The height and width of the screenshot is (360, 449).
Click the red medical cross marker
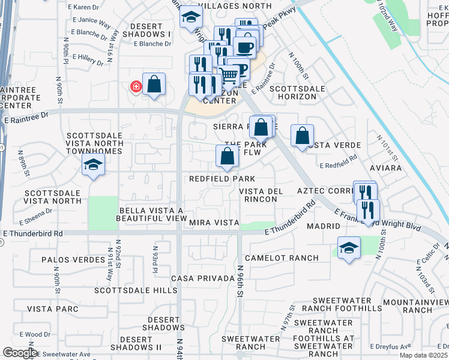136,87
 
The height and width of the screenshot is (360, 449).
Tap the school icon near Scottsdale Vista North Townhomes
93,165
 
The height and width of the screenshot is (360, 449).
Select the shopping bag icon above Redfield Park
227,157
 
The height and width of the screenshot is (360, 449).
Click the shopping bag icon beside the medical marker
154,85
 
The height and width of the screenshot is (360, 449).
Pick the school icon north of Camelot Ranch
349,248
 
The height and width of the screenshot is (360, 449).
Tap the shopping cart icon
228,76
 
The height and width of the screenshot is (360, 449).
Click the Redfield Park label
222,179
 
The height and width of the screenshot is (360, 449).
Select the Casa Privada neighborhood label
202,279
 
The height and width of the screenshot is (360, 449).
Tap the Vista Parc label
53,309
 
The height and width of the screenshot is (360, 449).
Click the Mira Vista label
214,223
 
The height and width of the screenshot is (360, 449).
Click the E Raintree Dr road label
25,120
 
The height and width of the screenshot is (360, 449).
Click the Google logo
19,353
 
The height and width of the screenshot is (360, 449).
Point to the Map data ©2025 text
423,355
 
